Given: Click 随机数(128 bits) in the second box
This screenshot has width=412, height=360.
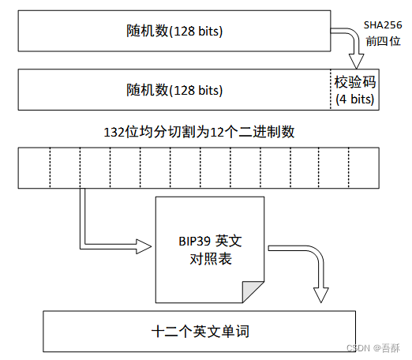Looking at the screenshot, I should (x=174, y=90).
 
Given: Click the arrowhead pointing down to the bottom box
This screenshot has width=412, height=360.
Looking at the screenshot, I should (x=320, y=294).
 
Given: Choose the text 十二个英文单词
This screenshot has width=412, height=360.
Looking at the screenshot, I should (x=199, y=332).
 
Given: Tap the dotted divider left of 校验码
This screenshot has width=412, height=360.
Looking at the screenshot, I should (x=330, y=90).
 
